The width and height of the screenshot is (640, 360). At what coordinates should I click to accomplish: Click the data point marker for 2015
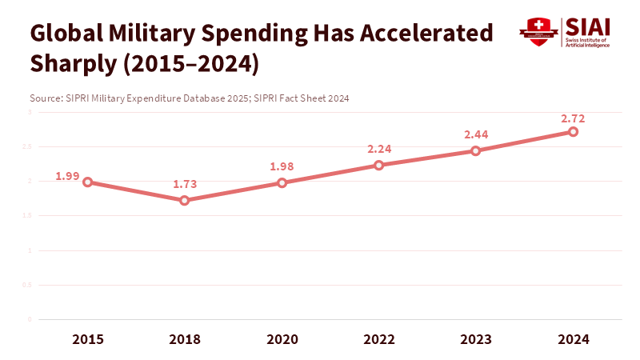[87, 182]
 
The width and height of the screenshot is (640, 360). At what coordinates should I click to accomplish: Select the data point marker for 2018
[185, 200]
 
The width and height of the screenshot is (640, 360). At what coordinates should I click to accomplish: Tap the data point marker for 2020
[282, 183]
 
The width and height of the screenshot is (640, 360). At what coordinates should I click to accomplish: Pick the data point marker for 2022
[379, 165]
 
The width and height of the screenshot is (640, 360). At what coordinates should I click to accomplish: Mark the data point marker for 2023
[476, 150]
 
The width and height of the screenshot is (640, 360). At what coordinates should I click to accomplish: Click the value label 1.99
[67, 176]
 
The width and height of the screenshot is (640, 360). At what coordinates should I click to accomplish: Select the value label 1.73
[185, 184]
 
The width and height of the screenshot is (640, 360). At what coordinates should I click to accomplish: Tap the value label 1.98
[282, 166]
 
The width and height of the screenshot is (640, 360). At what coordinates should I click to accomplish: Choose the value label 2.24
[379, 149]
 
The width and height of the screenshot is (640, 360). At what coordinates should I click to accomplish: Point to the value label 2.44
[476, 134]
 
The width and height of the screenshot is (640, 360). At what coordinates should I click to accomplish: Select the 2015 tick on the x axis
[87, 339]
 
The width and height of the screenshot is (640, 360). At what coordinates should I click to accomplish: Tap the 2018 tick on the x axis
[185, 339]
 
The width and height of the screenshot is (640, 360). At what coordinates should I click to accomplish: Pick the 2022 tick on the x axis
[379, 339]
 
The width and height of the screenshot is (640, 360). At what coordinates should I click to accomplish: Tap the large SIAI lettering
[588, 26]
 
